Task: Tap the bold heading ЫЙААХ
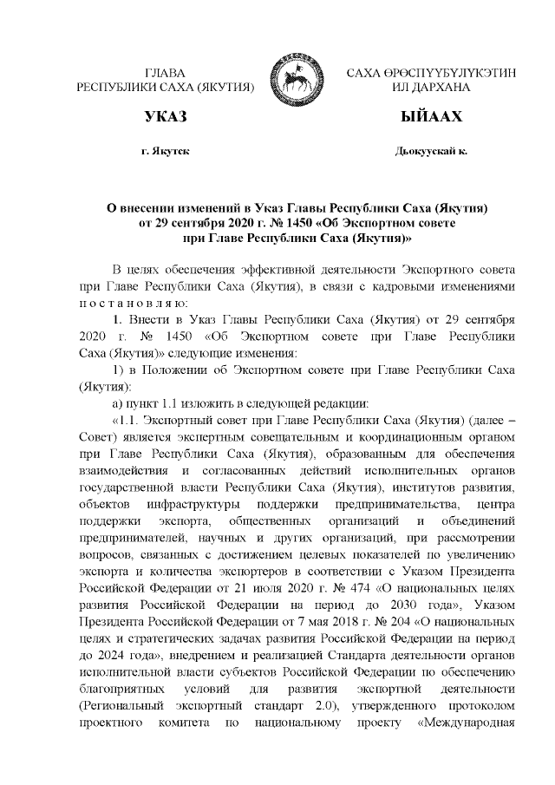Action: click(431, 116)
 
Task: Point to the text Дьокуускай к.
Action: click(431, 151)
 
